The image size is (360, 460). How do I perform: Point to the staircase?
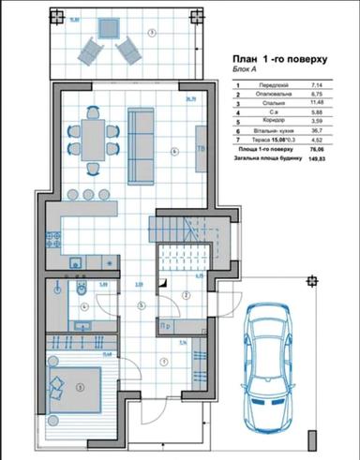click(x=173, y=224)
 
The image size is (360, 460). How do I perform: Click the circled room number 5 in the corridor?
click(x=139, y=305)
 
